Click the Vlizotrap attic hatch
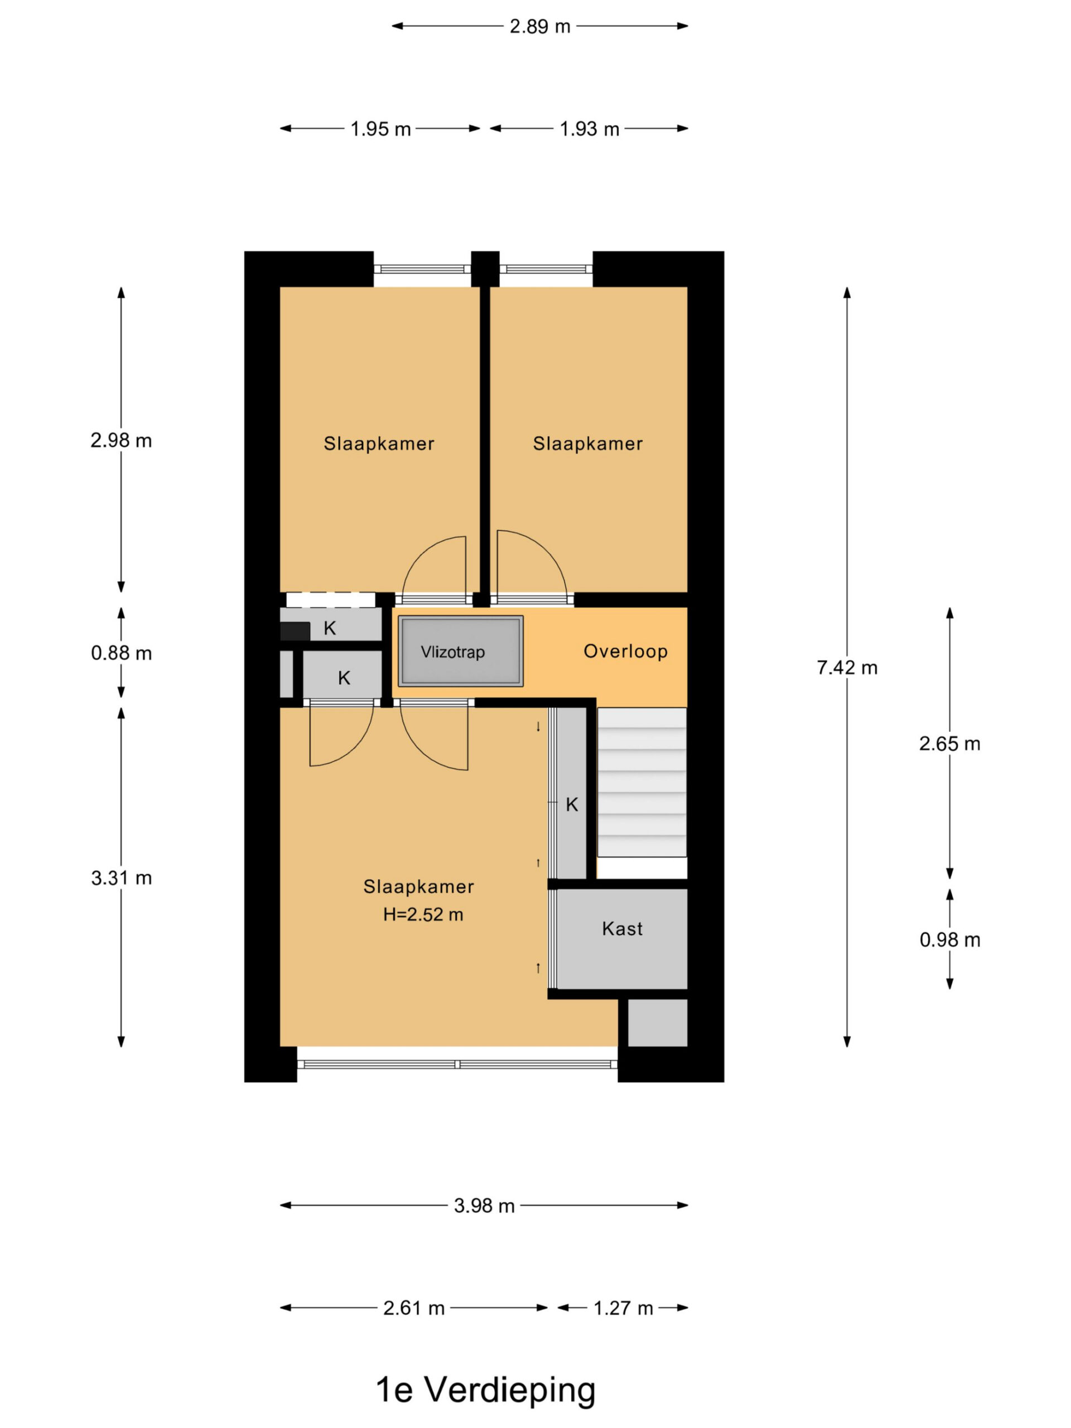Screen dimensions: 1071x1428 [460, 651]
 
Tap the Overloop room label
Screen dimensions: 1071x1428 [625, 652]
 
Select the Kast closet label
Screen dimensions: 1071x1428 [623, 929]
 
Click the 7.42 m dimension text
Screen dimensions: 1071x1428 [847, 668]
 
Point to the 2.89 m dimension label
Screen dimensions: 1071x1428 [540, 26]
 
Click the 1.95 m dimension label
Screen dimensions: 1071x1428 [380, 129]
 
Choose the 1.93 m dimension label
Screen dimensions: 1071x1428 [590, 129]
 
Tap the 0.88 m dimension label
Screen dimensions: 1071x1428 [122, 653]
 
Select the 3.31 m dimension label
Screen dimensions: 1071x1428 [122, 878]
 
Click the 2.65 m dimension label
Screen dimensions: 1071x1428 [949, 744]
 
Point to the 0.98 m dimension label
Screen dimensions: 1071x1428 [949, 940]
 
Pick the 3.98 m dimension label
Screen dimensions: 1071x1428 [484, 1206]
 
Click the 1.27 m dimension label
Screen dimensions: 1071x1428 [623, 1309]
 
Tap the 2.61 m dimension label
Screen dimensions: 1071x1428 [414, 1309]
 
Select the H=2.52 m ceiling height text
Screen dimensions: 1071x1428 [423, 915]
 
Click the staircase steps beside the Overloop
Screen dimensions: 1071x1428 [641, 783]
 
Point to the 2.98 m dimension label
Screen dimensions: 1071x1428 [122, 440]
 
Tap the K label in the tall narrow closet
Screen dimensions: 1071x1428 [571, 804]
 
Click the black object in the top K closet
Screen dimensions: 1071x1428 [295, 631]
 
